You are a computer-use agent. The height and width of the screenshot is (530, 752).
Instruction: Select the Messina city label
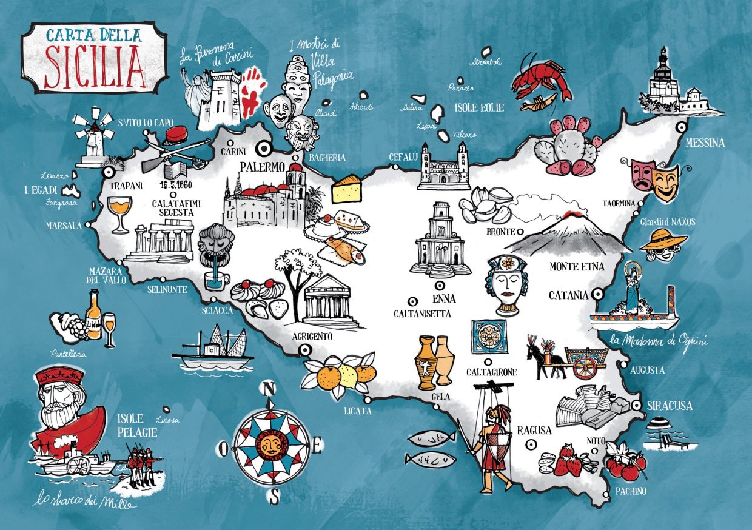tap(705, 143)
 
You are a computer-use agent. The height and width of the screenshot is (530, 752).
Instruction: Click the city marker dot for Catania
tap(598, 294)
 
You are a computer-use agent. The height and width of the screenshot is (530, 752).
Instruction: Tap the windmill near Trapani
tap(93, 136)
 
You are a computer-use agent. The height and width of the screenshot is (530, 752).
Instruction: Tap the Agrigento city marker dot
tap(304, 349)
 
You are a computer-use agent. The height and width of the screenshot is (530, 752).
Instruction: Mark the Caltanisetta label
tap(422, 314)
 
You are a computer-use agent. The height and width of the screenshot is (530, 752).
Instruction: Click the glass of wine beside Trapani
tap(118, 212)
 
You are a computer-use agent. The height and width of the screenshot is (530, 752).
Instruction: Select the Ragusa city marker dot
tap(531, 444)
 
